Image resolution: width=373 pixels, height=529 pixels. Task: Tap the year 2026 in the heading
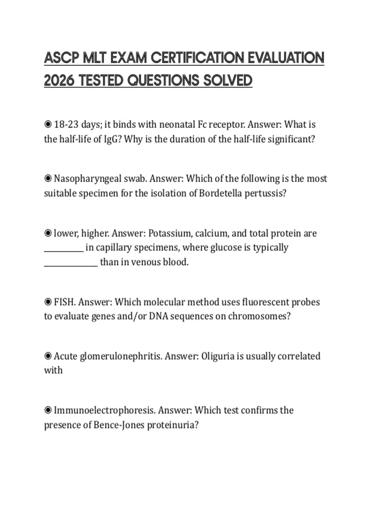click(x=59, y=81)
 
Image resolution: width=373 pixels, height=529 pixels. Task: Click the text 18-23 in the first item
click(x=66, y=124)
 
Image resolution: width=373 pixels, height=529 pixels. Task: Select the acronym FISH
click(x=65, y=302)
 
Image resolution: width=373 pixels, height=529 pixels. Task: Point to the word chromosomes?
click(x=259, y=316)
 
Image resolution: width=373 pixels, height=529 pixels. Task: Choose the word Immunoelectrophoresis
click(x=104, y=410)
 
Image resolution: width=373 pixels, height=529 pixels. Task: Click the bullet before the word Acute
click(x=48, y=356)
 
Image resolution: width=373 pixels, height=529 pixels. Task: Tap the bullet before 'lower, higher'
click(x=48, y=233)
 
